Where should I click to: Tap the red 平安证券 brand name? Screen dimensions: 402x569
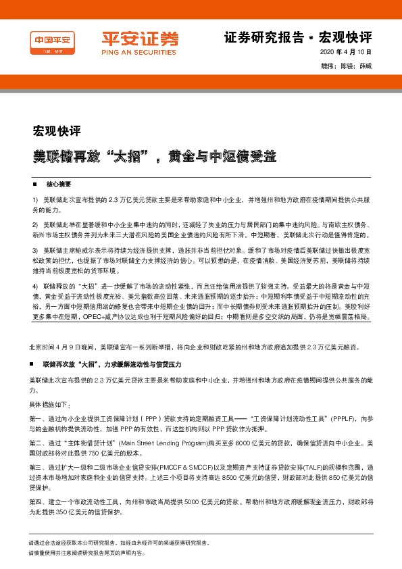tap(131, 38)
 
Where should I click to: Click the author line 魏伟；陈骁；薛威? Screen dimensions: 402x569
tap(347, 66)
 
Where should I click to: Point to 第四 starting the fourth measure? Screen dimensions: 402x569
tap(35, 502)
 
